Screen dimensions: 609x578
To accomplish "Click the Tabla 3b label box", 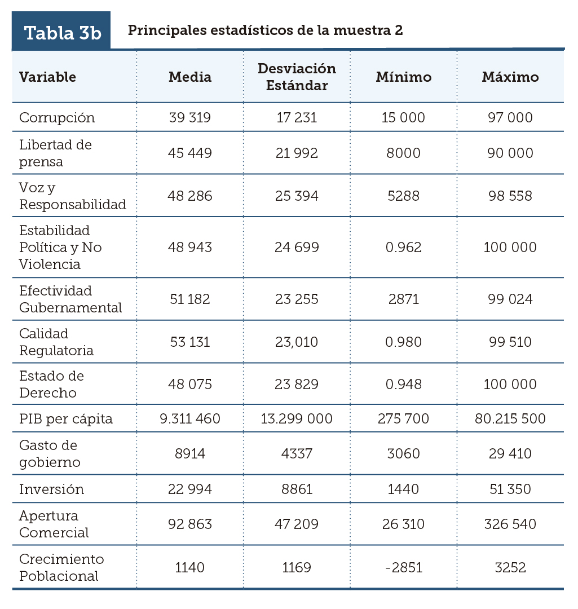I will click(x=61, y=32).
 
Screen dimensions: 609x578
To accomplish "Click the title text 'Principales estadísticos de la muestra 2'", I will click(x=265, y=30).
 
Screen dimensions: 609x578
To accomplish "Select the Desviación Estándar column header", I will click(x=297, y=77).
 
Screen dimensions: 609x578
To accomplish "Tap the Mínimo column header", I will click(x=403, y=77).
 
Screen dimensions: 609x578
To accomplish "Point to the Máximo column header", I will click(x=510, y=77).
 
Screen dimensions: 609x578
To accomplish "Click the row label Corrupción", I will click(x=57, y=118).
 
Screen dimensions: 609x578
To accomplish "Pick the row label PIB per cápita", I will click(x=66, y=419).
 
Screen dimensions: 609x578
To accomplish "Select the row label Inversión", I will click(x=51, y=489).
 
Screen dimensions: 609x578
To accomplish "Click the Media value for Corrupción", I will click(x=190, y=118).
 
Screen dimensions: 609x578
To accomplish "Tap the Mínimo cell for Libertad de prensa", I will click(x=403, y=153).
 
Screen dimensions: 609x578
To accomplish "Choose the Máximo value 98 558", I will click(x=510, y=196).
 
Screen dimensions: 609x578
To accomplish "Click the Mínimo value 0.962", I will click(x=403, y=248).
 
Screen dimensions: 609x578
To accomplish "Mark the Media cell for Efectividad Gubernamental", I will click(x=190, y=299).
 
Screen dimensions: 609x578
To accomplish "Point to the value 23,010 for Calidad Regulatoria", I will click(x=297, y=342).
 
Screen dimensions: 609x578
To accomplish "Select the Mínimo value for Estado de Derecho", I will click(x=403, y=385).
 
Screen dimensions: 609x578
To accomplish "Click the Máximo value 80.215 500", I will click(x=510, y=419).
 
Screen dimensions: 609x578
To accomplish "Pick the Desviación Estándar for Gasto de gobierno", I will click(x=297, y=454).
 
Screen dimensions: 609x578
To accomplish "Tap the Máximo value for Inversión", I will click(x=510, y=489).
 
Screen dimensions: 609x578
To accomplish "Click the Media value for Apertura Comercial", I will click(x=190, y=524).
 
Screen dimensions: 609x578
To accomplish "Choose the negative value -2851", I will click(x=403, y=567).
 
